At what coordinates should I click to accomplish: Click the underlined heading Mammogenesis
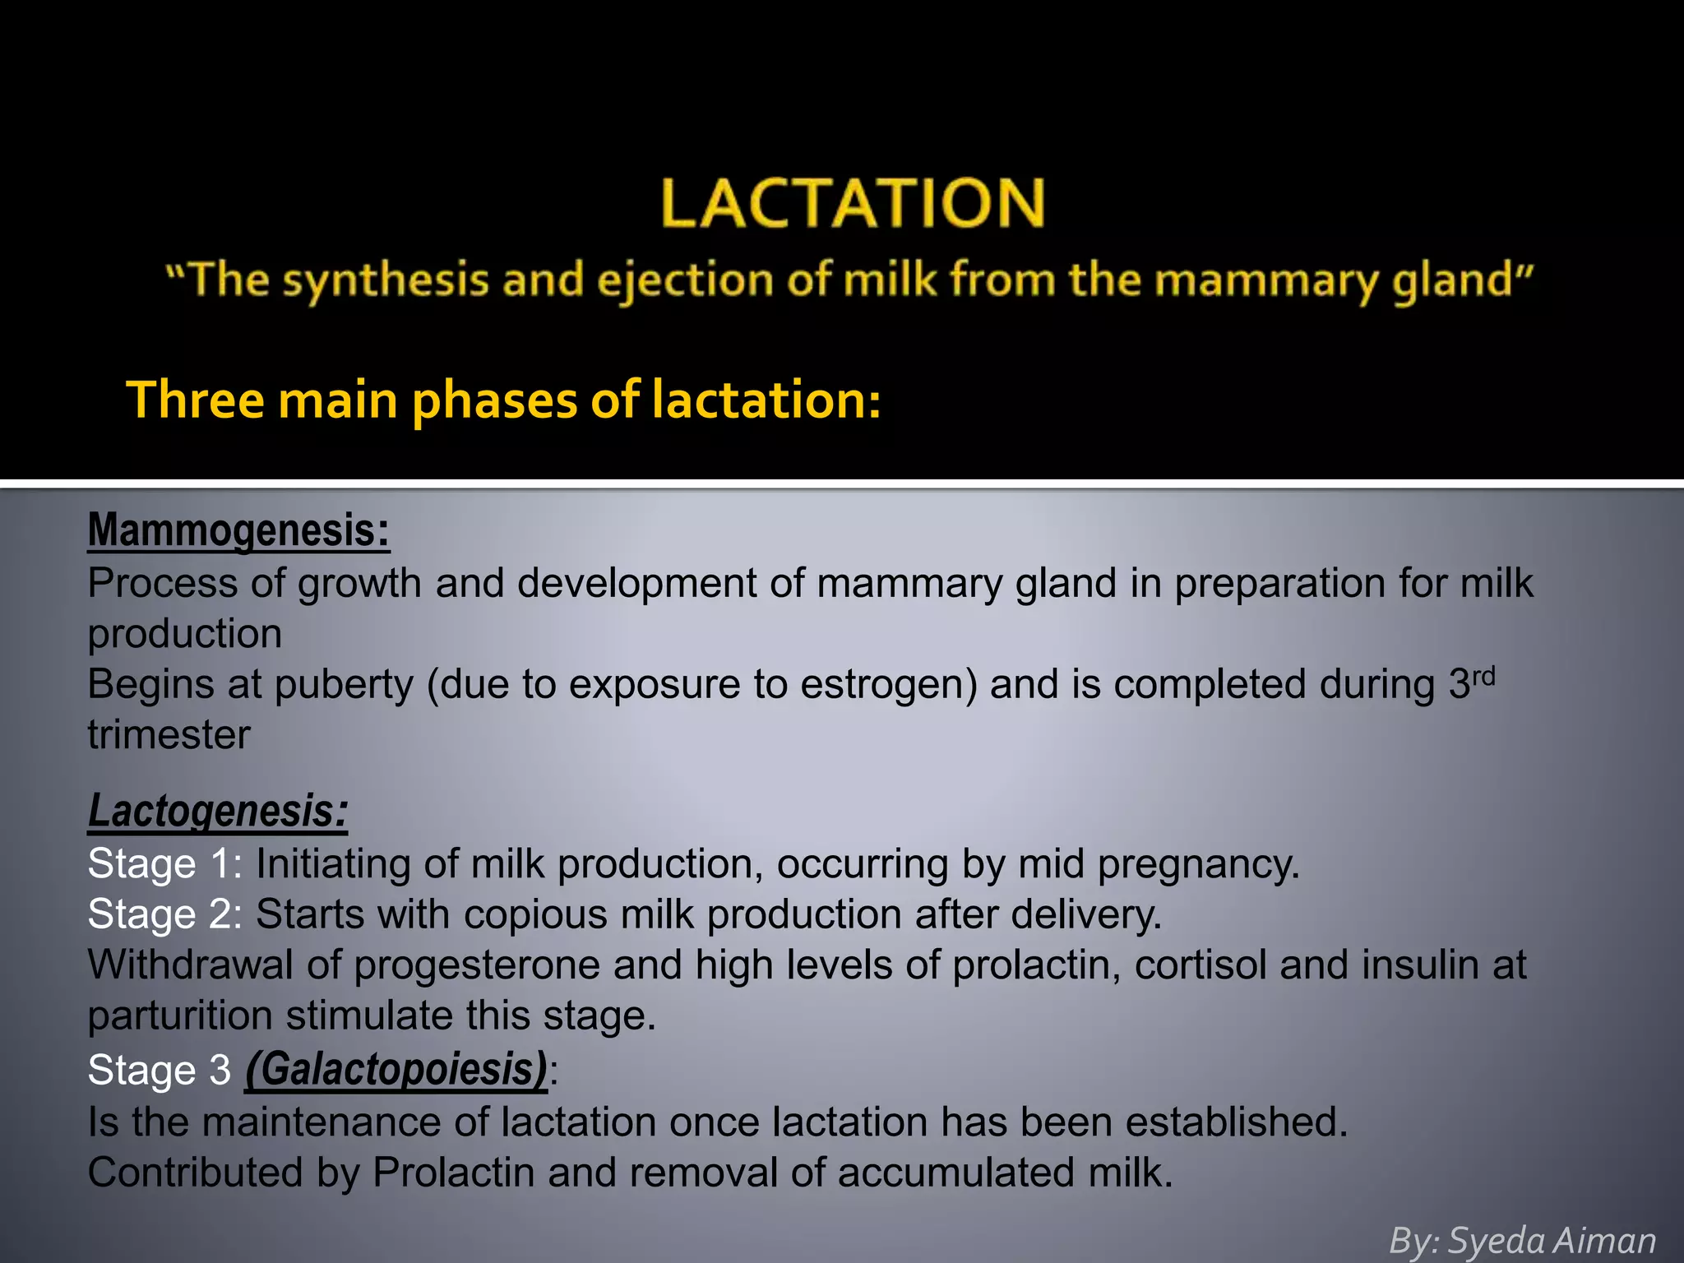[x=238, y=530]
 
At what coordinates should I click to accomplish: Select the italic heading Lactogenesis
[x=218, y=811]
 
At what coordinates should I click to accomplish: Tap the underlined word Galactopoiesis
[x=396, y=1069]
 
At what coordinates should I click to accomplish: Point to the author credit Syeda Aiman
[x=1551, y=1240]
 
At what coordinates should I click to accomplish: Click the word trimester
[x=169, y=735]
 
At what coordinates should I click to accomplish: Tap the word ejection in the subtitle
[x=685, y=280]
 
